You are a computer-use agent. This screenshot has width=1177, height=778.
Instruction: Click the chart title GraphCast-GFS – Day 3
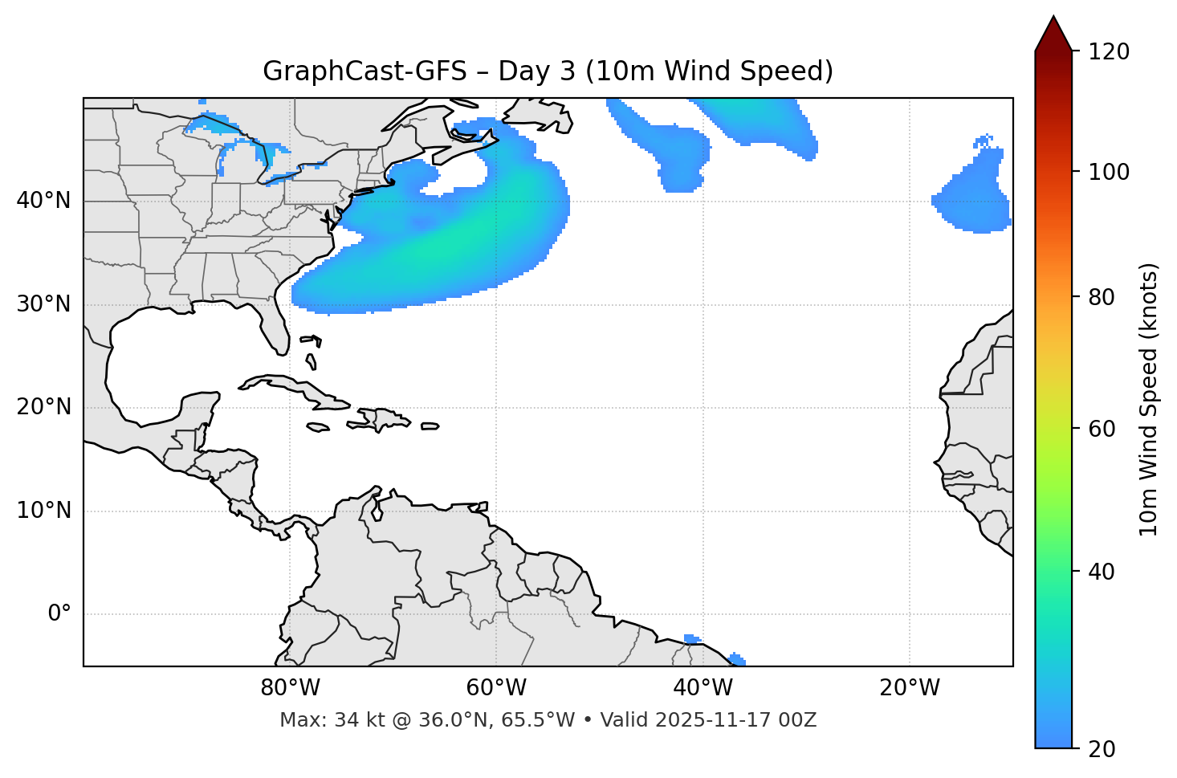pos(548,71)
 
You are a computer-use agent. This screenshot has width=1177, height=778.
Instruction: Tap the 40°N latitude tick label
pos(43,201)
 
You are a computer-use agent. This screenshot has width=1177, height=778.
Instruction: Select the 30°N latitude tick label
pos(43,304)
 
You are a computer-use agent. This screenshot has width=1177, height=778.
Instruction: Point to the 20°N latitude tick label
pos(43,407)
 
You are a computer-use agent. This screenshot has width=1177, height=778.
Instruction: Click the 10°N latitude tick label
pos(43,511)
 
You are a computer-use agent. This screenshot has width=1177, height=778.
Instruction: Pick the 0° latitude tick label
pos(59,614)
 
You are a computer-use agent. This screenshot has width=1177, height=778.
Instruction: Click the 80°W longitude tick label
pos(290,688)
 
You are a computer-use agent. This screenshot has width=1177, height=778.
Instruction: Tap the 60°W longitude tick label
pos(496,688)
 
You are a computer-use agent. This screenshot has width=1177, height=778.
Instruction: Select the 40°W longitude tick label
pos(703,688)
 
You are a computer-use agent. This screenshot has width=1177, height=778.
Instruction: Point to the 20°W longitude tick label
pos(909,688)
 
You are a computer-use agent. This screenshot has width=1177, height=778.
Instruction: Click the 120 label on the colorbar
pos(1108,52)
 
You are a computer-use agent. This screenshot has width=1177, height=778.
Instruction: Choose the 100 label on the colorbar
pos(1108,172)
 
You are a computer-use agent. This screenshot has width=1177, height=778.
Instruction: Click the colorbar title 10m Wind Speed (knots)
pos(1149,399)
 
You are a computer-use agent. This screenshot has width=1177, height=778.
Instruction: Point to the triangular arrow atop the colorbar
pos(1053,34)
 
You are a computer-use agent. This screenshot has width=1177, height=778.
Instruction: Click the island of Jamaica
pos(318,427)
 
